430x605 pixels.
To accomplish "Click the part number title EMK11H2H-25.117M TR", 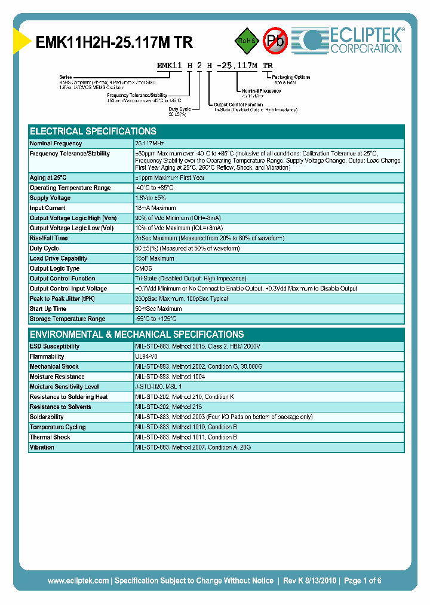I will pyautogui.click(x=114, y=42).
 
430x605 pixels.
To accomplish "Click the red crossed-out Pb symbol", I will pyautogui.click(x=275, y=41).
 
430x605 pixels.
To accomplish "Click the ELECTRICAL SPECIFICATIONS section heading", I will pyautogui.click(x=93, y=131).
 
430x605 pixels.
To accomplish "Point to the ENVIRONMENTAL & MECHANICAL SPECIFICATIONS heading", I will pyautogui.click(x=137, y=334).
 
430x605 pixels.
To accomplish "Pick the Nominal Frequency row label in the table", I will pyautogui.click(x=56, y=143).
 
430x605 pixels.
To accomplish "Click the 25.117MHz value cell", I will pyautogui.click(x=150, y=143).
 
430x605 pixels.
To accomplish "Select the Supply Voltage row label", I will pyautogui.click(x=50, y=198).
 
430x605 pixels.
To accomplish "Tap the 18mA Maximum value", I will pyautogui.click(x=155, y=208).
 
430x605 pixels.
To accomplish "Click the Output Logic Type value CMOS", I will pyautogui.click(x=143, y=268).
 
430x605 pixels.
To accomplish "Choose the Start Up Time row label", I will pyautogui.click(x=48, y=308).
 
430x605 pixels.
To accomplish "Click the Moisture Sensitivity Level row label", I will pyautogui.click(x=64, y=387).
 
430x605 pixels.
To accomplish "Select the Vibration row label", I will pyautogui.click(x=42, y=447).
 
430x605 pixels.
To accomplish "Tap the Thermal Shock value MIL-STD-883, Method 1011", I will pyautogui.click(x=186, y=437).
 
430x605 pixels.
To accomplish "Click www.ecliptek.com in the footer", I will pyautogui.click(x=78, y=580).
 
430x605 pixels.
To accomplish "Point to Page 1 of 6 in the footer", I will pyautogui.click(x=363, y=580).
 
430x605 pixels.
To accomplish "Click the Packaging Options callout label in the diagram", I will pyautogui.click(x=291, y=77).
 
